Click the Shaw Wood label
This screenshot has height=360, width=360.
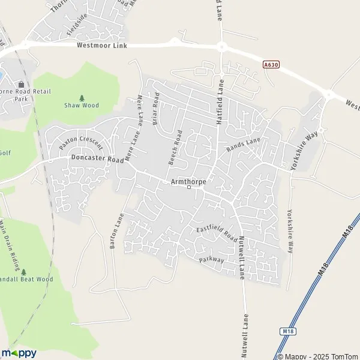[x=82, y=105]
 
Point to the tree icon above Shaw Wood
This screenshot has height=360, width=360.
[x=82, y=97]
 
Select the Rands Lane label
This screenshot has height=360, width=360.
[x=243, y=144]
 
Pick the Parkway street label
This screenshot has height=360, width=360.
[x=211, y=260]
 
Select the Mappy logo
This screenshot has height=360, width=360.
[x=19, y=353]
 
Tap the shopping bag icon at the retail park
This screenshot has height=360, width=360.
[x=22, y=84]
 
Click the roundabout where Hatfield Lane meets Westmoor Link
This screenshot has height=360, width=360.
[x=221, y=46]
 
